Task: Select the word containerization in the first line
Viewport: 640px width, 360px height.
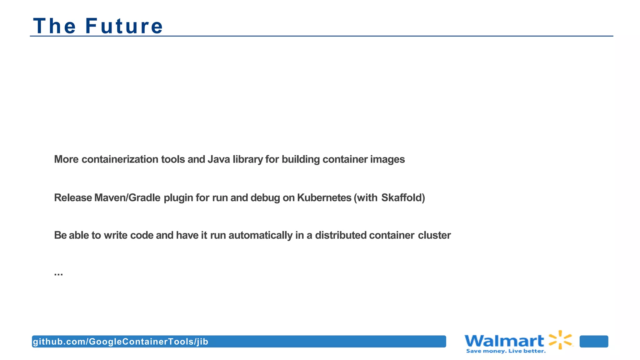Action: [x=120, y=159]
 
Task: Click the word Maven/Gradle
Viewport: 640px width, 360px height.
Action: [x=127, y=198]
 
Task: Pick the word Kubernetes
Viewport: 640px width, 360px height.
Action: [x=324, y=198]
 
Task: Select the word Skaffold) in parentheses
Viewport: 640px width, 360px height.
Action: [x=403, y=198]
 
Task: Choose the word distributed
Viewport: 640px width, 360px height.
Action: [x=341, y=235]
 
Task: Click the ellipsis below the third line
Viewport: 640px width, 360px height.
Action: [x=58, y=274]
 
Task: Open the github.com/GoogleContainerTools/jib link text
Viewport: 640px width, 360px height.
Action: [x=121, y=342]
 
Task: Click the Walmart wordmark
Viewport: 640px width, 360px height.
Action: [x=504, y=341]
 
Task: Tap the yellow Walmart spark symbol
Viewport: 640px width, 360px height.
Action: [x=561, y=339]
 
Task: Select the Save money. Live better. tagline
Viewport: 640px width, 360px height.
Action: [x=506, y=351]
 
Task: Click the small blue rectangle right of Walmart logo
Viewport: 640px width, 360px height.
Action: [x=594, y=342]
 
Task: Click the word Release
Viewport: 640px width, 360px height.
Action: [x=73, y=198]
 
